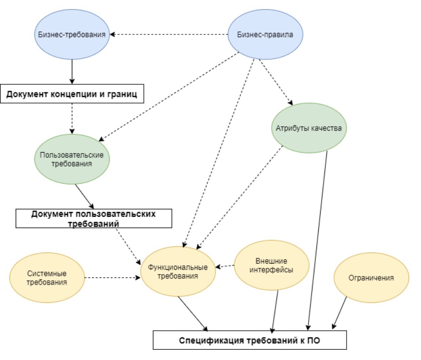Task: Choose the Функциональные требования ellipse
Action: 178,272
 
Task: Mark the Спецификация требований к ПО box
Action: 249,340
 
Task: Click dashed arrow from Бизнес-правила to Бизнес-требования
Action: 169,35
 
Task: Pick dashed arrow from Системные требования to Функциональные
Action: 112,278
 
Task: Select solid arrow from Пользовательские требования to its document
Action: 85,196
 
